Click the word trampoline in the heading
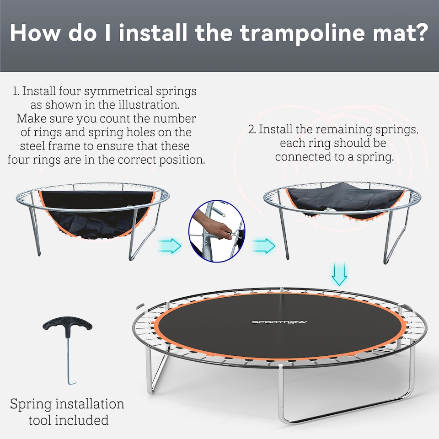tap(290, 33)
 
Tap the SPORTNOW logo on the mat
tap(279, 322)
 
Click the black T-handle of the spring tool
tap(67, 327)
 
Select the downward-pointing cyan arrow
tap(339, 274)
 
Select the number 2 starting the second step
tap(251, 129)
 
